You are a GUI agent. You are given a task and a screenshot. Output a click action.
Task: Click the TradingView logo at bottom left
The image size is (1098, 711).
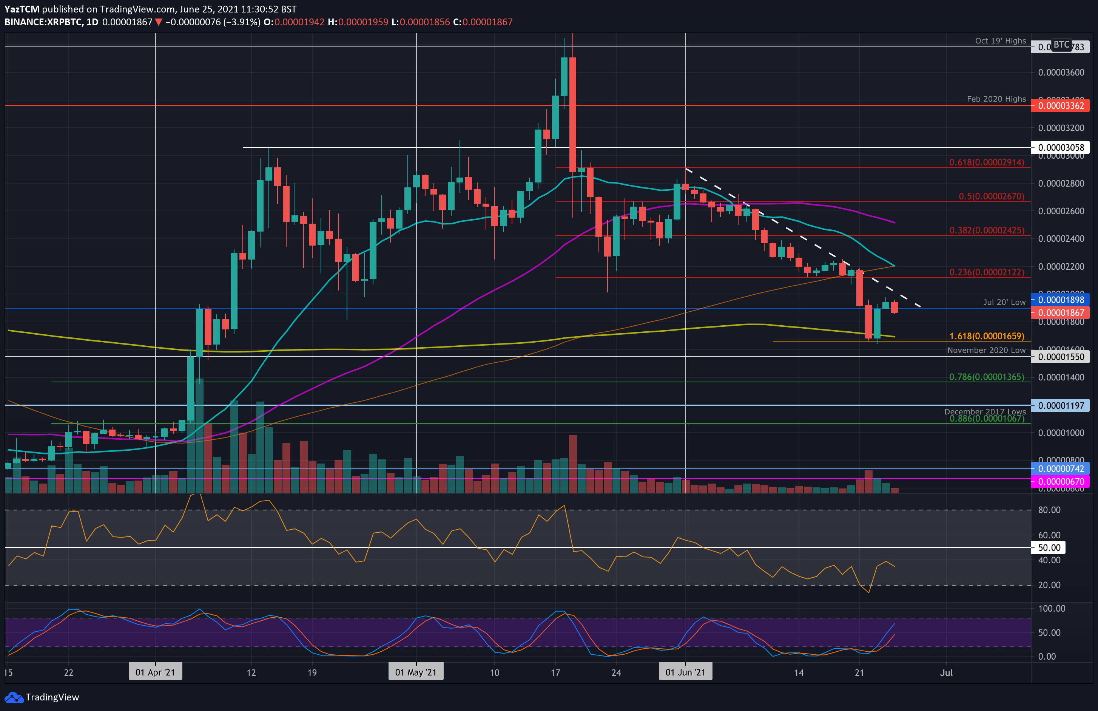click(42, 697)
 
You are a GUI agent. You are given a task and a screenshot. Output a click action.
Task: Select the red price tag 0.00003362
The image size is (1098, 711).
click(1061, 106)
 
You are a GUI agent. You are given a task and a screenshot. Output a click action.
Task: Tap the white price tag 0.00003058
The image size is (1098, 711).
click(1061, 148)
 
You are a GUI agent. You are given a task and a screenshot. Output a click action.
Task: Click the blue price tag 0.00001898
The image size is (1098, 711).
click(1061, 300)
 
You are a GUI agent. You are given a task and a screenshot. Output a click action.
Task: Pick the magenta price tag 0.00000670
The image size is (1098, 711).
click(1061, 482)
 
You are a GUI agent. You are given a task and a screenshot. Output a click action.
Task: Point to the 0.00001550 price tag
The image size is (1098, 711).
click(1061, 357)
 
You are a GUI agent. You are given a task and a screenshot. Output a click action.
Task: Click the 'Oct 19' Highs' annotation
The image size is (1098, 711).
click(1000, 41)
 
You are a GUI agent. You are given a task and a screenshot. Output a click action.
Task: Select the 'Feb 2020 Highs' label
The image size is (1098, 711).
click(996, 99)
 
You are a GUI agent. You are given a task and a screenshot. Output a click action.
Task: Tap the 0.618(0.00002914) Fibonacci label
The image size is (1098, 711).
click(986, 162)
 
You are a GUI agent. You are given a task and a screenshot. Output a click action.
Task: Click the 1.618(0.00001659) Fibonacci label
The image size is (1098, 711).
click(986, 336)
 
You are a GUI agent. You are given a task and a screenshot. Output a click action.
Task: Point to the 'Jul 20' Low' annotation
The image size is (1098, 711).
click(1004, 302)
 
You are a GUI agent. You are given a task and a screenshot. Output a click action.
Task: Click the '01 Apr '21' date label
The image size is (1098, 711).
click(155, 672)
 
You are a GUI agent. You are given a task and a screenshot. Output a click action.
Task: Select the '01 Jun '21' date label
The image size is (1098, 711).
click(685, 672)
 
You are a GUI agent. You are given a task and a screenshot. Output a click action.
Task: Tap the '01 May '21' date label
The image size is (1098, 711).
click(415, 672)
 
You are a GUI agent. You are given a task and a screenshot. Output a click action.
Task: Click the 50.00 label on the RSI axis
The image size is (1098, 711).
click(1049, 547)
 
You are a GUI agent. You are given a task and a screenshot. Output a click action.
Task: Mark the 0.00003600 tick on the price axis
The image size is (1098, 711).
click(1061, 73)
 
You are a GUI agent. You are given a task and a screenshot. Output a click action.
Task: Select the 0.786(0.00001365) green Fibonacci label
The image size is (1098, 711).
click(986, 377)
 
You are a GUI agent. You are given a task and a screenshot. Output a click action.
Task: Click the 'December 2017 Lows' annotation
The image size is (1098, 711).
click(985, 411)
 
